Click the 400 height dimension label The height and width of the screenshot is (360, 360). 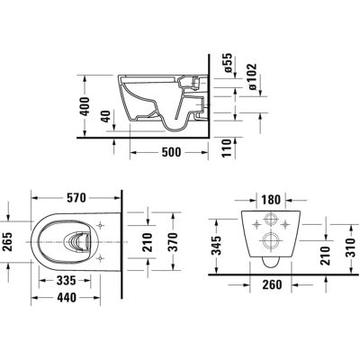(85, 106)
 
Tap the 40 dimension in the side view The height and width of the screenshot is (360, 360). (106, 116)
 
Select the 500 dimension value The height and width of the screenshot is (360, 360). (171, 152)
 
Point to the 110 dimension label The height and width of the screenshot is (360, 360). (228, 148)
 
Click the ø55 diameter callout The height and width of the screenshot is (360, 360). (228, 63)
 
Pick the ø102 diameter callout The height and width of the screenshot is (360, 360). (253, 76)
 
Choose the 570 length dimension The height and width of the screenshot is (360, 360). (76, 198)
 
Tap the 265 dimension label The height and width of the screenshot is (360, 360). (7, 242)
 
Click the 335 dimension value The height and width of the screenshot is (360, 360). (67, 281)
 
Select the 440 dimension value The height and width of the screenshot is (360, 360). (67, 298)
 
